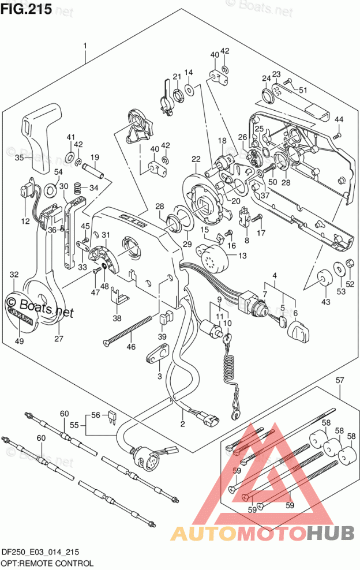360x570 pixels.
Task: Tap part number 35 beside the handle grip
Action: pos(19,157)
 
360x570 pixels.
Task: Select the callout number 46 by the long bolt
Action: pos(132,347)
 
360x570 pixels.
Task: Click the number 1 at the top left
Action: pos(85,46)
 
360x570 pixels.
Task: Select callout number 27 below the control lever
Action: pos(58,339)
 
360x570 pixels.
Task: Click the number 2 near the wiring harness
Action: pos(182,425)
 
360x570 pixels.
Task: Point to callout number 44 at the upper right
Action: pos(339,119)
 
